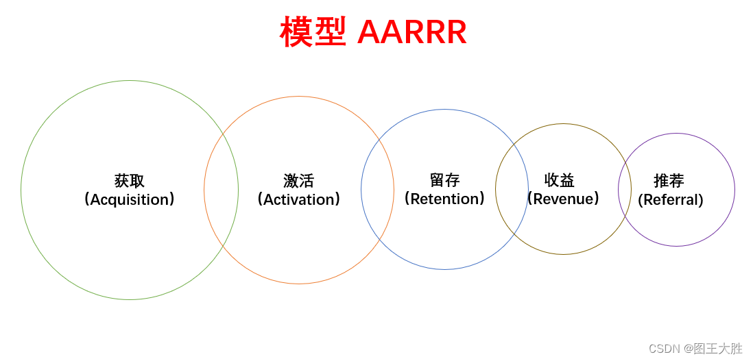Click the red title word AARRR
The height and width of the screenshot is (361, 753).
411,32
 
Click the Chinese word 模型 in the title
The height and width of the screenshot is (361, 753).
313,32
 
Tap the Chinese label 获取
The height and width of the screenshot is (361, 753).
130,181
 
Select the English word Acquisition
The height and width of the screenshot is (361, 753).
130,199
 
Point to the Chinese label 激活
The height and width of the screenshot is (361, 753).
298,181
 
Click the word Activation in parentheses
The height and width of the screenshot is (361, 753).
298,199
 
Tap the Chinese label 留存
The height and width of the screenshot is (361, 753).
444,180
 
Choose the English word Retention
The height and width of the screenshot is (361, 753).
444,199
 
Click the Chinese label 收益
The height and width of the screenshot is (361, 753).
560,180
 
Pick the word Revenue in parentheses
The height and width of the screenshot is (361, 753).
563,199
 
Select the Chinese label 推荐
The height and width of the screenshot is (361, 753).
669,181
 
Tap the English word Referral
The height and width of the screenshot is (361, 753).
671,200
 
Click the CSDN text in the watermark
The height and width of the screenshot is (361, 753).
664,349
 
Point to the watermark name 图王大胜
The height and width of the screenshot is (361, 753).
718,349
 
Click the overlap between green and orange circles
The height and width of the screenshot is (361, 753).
222,190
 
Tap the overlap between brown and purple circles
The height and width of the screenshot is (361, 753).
625,190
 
